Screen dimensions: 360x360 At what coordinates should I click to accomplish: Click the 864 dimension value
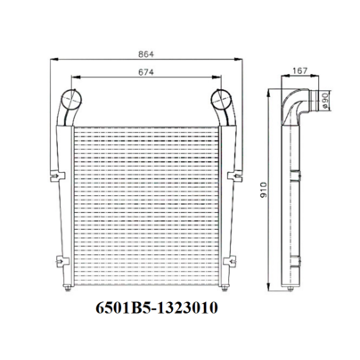click(x=146, y=54)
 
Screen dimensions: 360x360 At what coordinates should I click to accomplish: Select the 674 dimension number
click(x=146, y=72)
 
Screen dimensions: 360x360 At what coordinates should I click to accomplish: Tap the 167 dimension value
click(x=300, y=70)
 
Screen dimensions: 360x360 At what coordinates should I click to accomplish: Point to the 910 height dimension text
click(x=264, y=190)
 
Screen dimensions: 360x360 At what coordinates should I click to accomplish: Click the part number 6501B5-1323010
click(x=157, y=307)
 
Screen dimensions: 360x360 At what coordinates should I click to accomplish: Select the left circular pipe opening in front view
click(x=71, y=99)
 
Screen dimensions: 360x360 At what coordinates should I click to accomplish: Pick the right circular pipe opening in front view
click(x=221, y=99)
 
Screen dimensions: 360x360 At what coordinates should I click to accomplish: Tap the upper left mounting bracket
click(x=57, y=176)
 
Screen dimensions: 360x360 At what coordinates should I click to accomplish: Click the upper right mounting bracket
click(x=235, y=176)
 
